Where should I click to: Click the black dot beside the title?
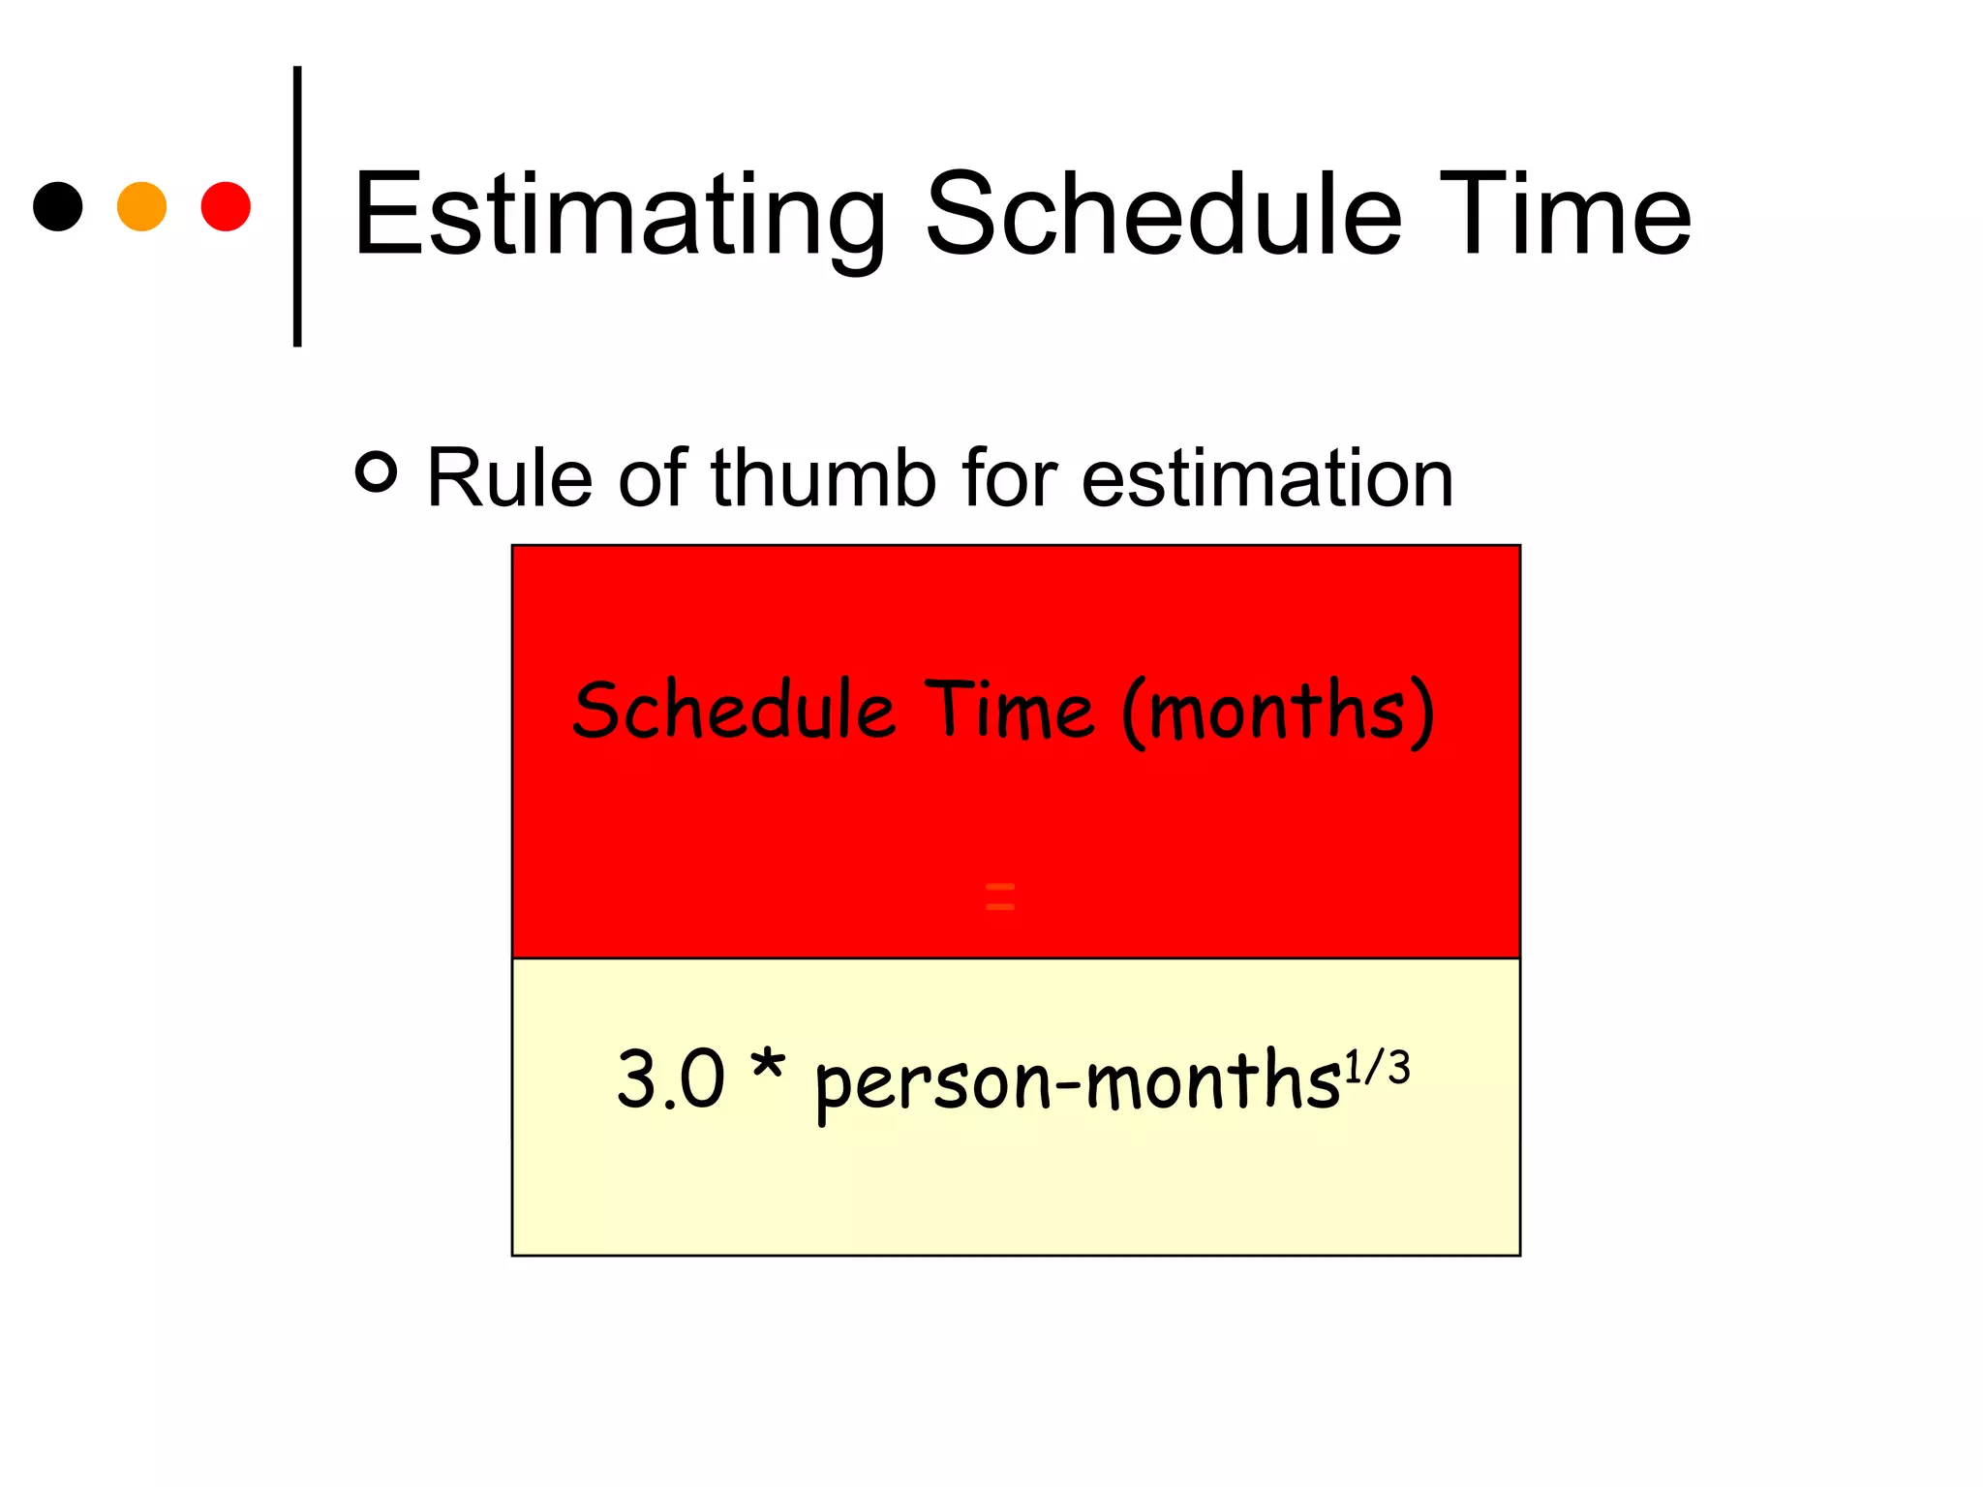point(58,206)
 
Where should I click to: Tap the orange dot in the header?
point(141,206)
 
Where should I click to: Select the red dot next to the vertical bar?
point(226,206)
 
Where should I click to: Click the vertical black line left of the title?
point(297,206)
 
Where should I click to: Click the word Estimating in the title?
point(620,215)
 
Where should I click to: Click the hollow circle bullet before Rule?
point(377,472)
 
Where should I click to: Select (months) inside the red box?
point(1278,712)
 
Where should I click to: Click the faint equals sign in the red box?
point(999,896)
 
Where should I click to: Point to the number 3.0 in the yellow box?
point(671,1078)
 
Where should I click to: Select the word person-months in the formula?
point(1077,1082)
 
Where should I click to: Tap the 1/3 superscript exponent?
point(1377,1067)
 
